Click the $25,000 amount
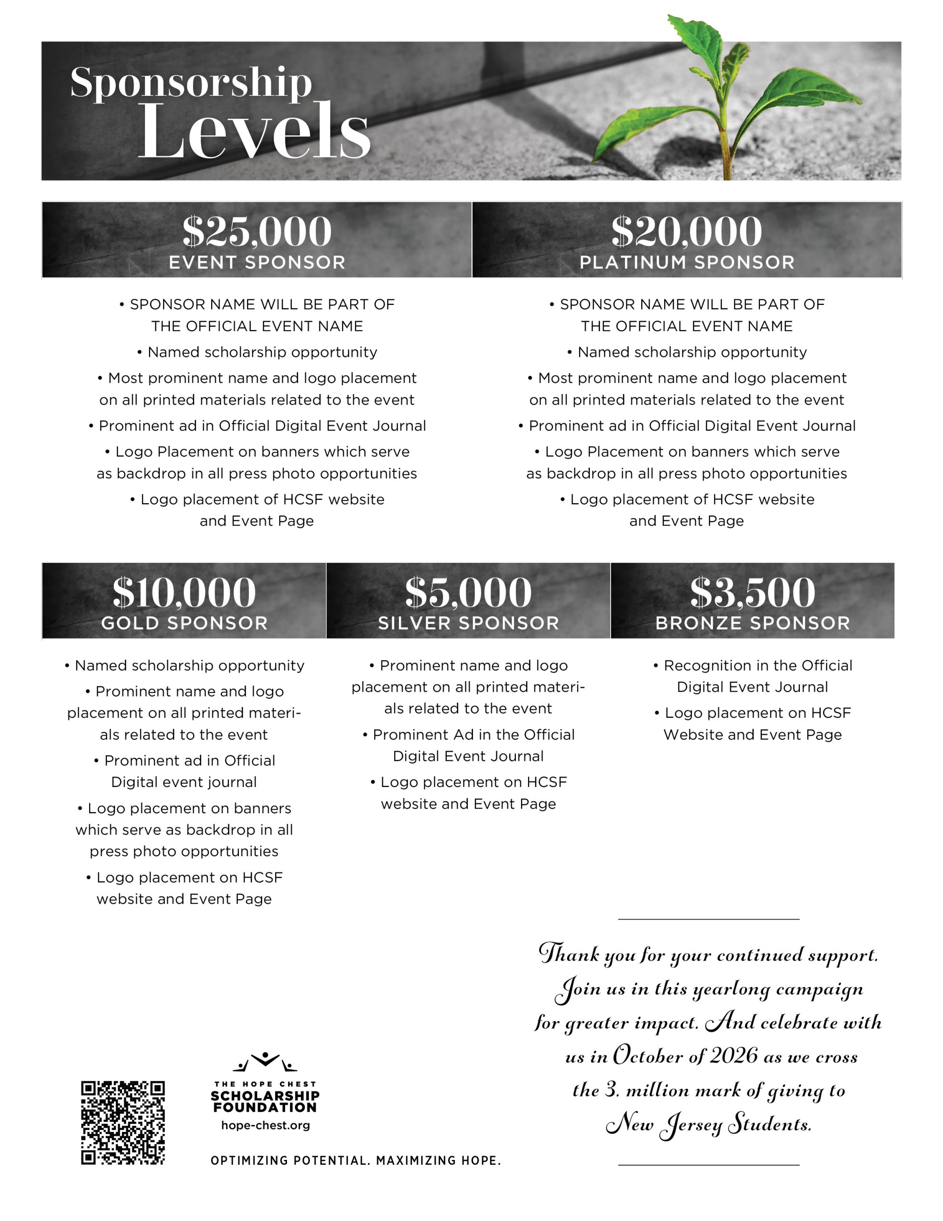coord(256,231)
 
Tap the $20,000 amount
coord(687,231)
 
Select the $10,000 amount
coord(184,592)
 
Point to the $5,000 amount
coord(469,592)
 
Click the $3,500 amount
coord(752,592)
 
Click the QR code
coord(123,1123)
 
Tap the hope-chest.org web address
coord(266,1125)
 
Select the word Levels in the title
coord(254,131)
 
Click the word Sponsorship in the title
coord(191,82)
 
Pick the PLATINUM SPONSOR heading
coord(687,262)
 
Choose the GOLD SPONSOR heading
coord(184,623)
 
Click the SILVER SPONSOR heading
coord(469,623)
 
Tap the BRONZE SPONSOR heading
coord(752,623)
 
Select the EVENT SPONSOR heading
coord(256,262)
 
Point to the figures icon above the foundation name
coord(265,1061)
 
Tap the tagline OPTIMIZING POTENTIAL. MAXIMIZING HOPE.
coord(356,1160)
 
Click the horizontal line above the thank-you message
coord(708,919)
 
